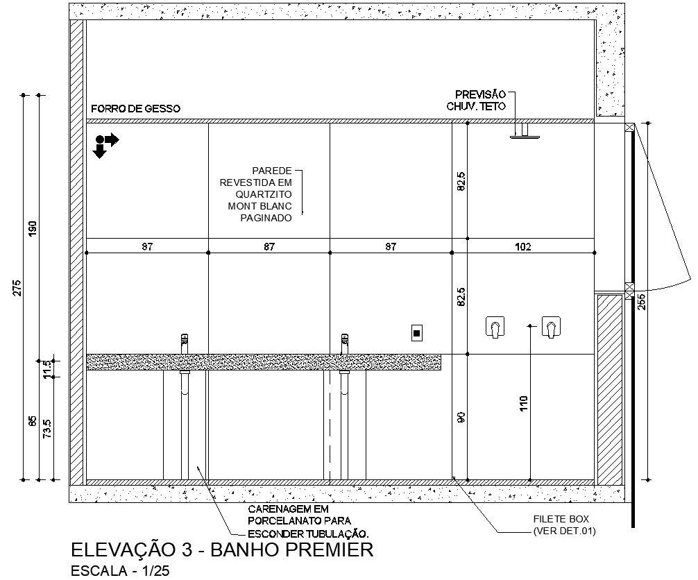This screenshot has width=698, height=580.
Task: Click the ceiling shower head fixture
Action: click(x=525, y=131)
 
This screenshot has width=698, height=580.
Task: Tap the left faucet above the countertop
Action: click(x=185, y=343)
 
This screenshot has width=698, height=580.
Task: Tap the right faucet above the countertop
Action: click(x=345, y=343)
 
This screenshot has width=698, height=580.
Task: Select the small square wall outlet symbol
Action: click(x=417, y=332)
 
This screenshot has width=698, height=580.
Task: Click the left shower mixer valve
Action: click(x=495, y=327)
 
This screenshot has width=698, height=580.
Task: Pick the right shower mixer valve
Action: click(x=551, y=327)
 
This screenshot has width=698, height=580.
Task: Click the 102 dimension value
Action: click(x=523, y=246)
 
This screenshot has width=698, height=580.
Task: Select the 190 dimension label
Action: click(x=33, y=229)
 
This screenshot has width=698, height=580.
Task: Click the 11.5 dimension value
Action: click(x=48, y=369)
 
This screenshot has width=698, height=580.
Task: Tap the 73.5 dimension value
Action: click(x=47, y=429)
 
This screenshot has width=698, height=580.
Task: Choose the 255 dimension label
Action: click(x=642, y=302)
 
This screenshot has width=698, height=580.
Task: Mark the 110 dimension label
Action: click(x=523, y=403)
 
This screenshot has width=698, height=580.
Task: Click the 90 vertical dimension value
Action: click(x=461, y=417)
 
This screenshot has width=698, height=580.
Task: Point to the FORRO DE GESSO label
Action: click(x=136, y=109)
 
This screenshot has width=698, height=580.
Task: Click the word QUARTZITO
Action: click(x=264, y=194)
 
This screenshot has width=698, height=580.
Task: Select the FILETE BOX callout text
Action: click(x=561, y=519)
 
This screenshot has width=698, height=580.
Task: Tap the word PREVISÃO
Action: click(x=480, y=94)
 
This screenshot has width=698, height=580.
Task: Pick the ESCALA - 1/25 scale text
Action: click(x=120, y=571)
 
